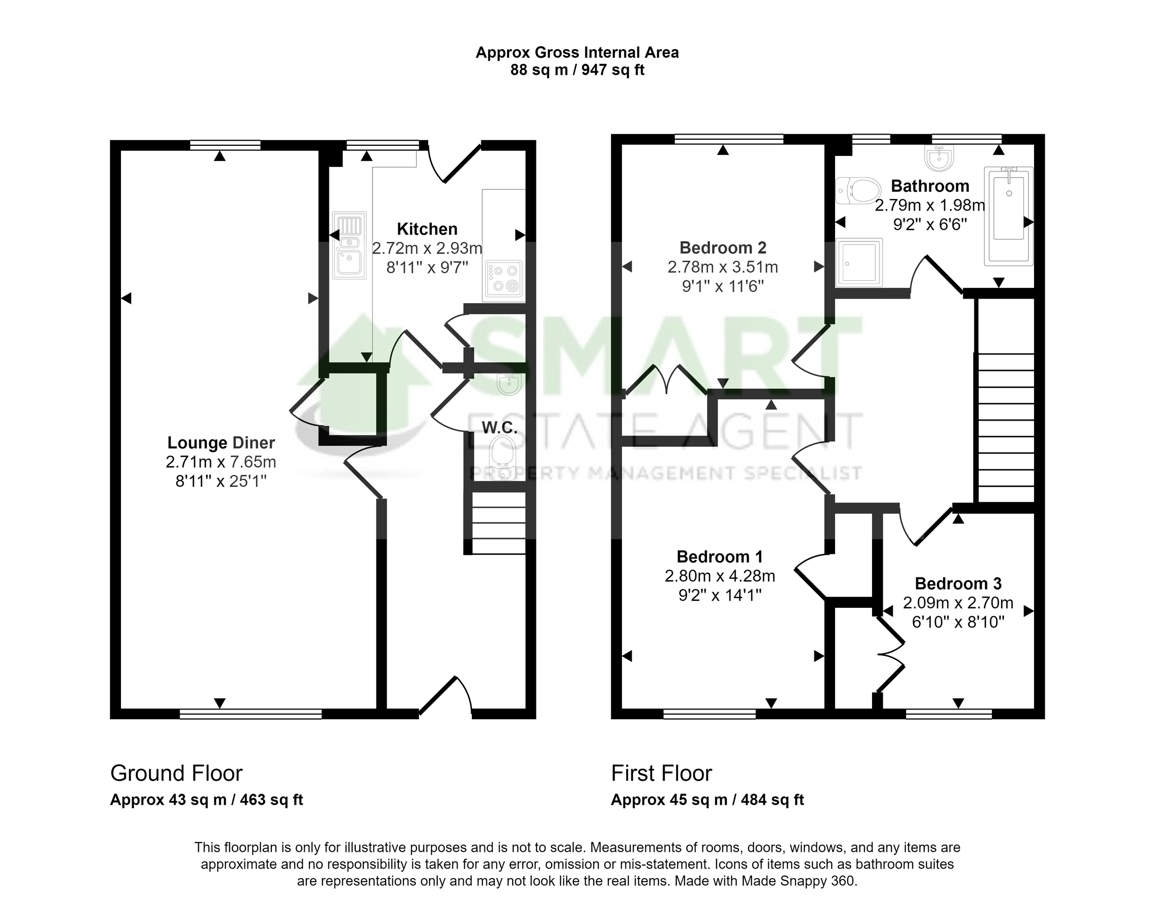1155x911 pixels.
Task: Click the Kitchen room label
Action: tap(427, 229)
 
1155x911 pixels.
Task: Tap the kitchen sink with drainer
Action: tap(349, 245)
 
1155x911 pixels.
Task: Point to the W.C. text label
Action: tap(500, 427)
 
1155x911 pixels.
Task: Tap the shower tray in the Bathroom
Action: tap(858, 262)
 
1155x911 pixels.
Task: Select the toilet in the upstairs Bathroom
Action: tap(858, 190)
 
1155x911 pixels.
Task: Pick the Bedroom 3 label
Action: tap(958, 584)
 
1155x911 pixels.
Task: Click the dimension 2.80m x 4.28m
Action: tap(720, 576)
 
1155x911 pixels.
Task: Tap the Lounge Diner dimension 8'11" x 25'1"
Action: tap(221, 481)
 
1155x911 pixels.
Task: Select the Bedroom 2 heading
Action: tap(723, 247)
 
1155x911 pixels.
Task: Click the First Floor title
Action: tap(661, 773)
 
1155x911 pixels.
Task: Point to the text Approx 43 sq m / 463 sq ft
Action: tap(207, 800)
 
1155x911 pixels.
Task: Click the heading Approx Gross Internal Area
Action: tap(576, 53)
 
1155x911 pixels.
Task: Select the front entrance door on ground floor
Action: tap(445, 696)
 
